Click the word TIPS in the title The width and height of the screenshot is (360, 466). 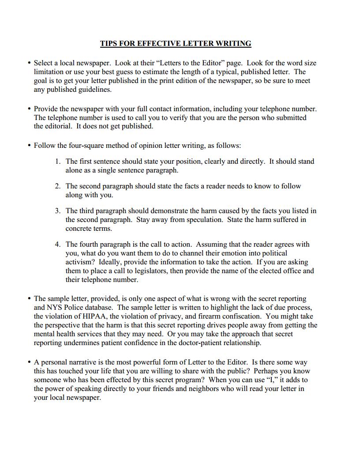coord(109,43)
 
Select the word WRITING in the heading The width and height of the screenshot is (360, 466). coord(233,43)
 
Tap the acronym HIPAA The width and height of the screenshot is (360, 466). coord(94,316)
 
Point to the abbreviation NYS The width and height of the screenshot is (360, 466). coord(55,307)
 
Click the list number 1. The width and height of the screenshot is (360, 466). coord(58,161)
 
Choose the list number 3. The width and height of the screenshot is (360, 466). coord(58,210)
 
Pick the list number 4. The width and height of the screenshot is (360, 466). coord(58,244)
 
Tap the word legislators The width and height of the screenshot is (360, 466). coord(149,271)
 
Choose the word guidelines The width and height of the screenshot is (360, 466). coord(94,89)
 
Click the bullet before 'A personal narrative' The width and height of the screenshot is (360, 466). coord(29,362)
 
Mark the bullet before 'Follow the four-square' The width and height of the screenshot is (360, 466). coord(29,145)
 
